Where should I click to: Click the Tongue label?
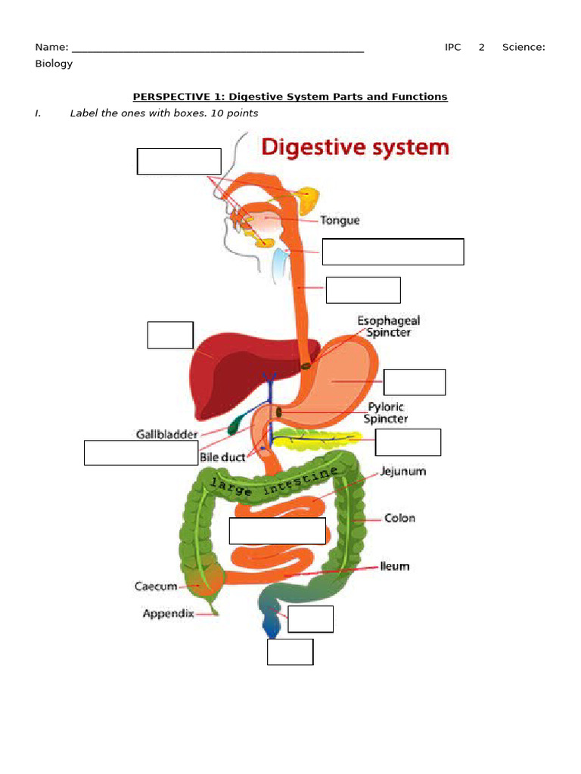tap(340, 221)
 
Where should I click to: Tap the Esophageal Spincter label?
tap(389, 327)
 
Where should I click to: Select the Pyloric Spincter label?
tap(386, 413)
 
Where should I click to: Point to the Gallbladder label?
tap(166, 435)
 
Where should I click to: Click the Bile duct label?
tap(222, 457)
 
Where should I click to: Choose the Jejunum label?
tap(403, 471)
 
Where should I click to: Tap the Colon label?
tap(399, 519)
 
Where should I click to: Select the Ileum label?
tap(394, 566)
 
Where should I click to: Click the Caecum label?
tap(156, 586)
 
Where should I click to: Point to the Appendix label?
tap(168, 614)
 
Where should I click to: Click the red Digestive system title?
tap(355, 147)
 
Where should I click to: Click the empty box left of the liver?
tap(170, 336)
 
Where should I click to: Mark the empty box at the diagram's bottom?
tap(290, 652)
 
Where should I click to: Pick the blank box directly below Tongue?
tap(393, 252)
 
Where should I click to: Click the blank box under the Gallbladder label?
tap(141, 453)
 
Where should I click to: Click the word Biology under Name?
tap(54, 63)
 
